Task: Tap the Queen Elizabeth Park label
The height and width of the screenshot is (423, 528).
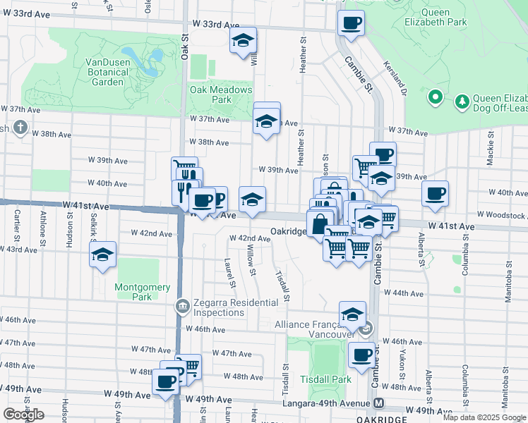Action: point(443,17)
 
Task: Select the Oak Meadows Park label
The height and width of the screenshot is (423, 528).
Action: point(221,94)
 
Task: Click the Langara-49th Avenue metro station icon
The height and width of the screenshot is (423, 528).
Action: point(380,403)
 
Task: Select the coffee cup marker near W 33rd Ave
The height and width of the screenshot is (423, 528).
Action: point(352,23)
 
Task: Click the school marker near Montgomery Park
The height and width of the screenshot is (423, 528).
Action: point(103,255)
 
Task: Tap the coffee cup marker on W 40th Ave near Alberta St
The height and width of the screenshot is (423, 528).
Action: point(435,192)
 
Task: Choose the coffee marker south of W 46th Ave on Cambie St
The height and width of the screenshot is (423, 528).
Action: point(362,355)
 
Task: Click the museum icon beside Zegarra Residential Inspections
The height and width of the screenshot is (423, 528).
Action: point(182,305)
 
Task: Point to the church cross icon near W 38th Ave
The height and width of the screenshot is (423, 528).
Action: point(20,128)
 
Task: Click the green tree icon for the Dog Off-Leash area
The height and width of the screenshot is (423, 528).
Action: point(462,102)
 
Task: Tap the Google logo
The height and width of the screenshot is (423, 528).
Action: point(23,415)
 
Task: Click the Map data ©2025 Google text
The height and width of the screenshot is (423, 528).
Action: point(483,417)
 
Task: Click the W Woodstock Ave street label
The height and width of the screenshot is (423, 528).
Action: point(501,214)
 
